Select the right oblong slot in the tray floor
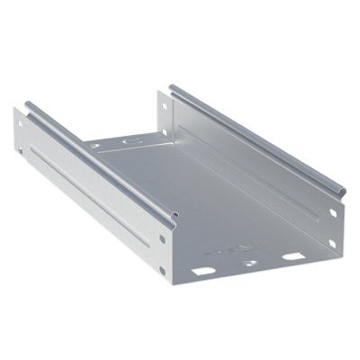pos(292,257)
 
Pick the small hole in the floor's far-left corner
pos(94,145)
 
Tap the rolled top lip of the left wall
pos(99,162)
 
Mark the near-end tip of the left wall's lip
pos(171,217)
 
